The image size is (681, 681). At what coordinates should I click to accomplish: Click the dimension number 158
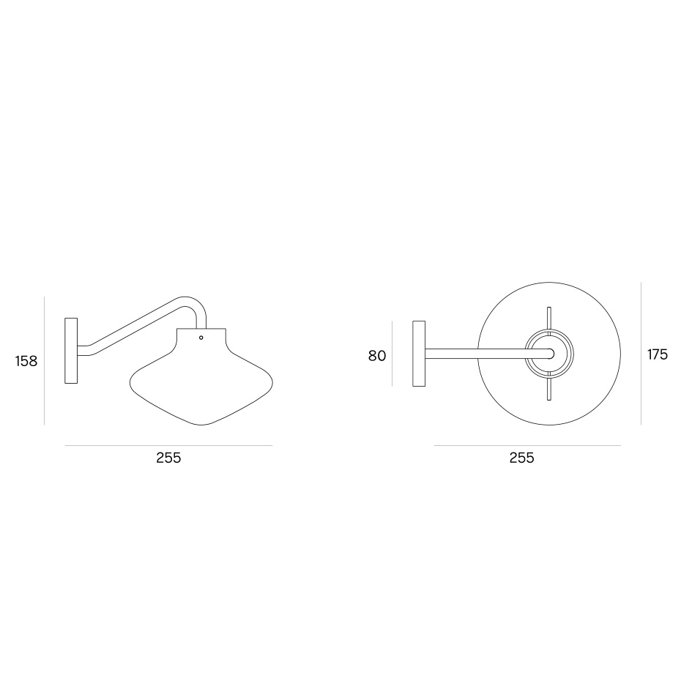[26, 361]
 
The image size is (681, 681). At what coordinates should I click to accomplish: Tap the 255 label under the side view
[168, 458]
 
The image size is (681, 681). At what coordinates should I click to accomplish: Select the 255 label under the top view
[521, 458]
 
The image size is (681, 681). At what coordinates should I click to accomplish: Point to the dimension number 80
[377, 356]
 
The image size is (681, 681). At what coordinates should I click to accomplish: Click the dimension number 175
[657, 354]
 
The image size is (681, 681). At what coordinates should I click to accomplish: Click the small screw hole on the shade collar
[201, 338]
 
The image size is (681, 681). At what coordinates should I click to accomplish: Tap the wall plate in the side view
[71, 351]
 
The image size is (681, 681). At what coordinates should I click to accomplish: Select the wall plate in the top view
[419, 354]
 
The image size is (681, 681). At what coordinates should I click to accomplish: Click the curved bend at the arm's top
[196, 305]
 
